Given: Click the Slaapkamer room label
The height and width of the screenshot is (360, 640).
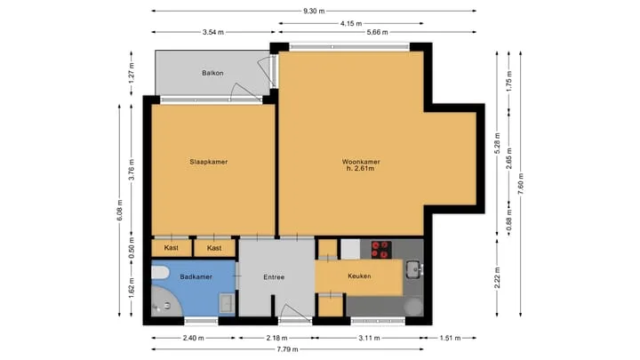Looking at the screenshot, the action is coord(209,162).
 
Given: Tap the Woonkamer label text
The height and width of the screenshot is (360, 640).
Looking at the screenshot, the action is coord(361,162).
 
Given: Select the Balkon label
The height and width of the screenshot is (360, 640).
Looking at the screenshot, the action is coord(212,73).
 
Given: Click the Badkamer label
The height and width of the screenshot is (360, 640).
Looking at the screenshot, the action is coord(196,276).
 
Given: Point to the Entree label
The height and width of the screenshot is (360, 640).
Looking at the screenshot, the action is coord(274,277).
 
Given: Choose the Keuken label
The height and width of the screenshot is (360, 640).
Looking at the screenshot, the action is coord(360,276).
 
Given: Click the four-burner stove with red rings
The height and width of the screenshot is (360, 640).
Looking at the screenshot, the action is coord(381,250).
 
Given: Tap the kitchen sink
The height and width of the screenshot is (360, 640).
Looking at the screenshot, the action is coord(414,269).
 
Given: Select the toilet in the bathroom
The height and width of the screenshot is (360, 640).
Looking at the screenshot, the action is coord(160,272).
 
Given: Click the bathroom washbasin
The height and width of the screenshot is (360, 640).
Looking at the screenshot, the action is coord(226,303).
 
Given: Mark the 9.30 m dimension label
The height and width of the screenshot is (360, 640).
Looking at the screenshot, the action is coord(314,11).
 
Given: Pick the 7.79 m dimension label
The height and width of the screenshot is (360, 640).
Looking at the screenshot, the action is coord(288,349).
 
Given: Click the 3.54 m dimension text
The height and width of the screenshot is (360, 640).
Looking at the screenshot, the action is coord(213,32).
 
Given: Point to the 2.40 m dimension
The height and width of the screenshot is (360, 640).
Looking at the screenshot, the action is coord(194,338).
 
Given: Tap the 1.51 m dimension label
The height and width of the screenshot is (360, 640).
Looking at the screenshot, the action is coord(450,338).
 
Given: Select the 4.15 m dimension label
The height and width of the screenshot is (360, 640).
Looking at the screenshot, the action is coord(351,24).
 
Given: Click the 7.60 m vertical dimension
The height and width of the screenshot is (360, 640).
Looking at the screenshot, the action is coord(520,184).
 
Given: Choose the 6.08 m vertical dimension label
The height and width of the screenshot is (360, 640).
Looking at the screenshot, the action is coord(120,210).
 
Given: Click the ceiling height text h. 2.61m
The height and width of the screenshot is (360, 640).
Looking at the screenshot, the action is coord(360,168).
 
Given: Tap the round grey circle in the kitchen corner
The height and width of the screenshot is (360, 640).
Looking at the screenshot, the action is coord(413,306).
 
